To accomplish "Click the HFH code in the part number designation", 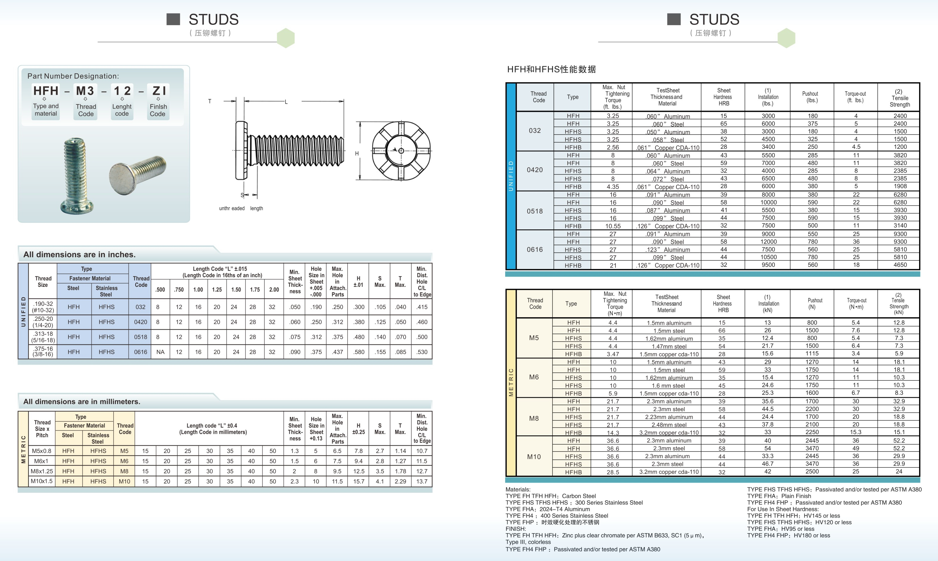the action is [x=46, y=91].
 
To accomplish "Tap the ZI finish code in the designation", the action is [x=159, y=91].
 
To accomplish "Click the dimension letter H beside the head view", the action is [x=357, y=153].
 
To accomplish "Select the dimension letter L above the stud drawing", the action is [x=286, y=102].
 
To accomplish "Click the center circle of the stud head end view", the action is [x=401, y=151].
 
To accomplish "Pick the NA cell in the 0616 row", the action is [x=161, y=352].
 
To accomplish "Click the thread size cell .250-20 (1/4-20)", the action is [x=43, y=322].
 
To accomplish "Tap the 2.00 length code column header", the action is [x=274, y=289].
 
